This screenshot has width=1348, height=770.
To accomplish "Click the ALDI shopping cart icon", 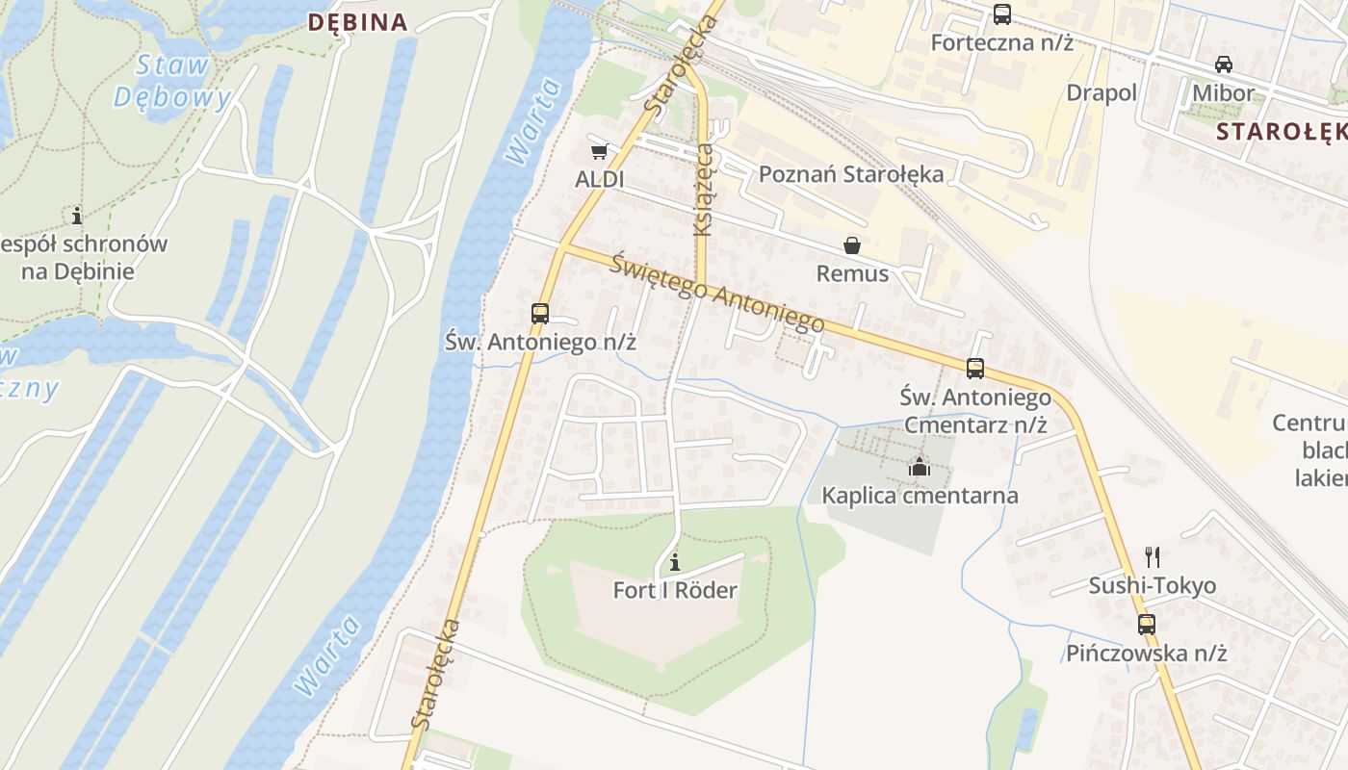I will pos(599,151).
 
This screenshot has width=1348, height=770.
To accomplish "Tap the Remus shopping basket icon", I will pos(852,245).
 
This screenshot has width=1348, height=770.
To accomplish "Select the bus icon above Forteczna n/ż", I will pos(1001,14).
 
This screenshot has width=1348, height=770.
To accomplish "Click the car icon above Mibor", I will pos(1224,64).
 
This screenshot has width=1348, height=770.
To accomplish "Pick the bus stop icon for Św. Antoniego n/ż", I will pos(540,313).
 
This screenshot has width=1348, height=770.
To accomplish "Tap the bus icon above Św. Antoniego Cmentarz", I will pos(974,369).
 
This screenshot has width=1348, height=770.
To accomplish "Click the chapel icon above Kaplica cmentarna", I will pos(920,468).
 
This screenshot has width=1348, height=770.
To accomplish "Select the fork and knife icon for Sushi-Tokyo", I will pos(1152,556).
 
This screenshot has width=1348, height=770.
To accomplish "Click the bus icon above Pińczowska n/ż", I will pos(1146,624).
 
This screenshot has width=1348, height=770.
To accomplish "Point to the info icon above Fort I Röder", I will pos(675,561).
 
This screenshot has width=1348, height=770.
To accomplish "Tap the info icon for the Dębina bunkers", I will pos(77,215).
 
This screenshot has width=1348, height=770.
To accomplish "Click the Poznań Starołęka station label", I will pos(851,174).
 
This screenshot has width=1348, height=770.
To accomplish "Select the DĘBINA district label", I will pos(357,22).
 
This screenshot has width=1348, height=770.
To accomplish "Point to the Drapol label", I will pos(1102,92).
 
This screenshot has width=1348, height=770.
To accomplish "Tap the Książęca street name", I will pos(704,189).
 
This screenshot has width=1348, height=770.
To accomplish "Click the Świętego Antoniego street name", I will pos(717,292).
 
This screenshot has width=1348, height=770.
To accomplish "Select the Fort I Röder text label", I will pos(675,590).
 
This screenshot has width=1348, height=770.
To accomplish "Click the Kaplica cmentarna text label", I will pos(920,496).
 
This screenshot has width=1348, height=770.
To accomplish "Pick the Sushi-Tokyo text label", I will pos(1152,585).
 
